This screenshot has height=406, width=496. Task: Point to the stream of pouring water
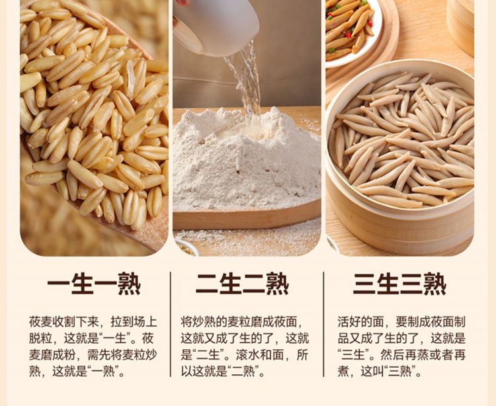[247, 85]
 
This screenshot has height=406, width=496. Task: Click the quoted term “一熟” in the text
[103, 371]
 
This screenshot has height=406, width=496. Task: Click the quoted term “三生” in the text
[353, 355]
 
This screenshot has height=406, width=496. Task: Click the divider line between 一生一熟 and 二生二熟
[171, 324]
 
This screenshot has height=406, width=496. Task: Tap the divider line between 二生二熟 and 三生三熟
[323, 324]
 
